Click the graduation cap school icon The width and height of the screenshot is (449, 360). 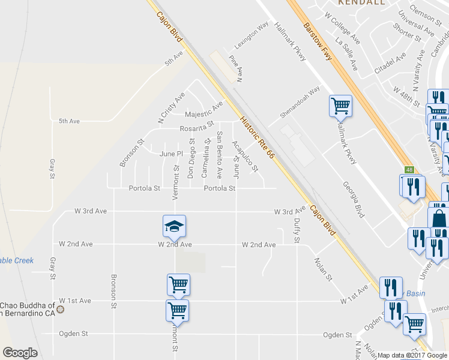[x=174, y=226]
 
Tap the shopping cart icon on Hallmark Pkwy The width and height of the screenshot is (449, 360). [x=340, y=106]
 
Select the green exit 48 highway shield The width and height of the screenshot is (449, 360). [x=409, y=170]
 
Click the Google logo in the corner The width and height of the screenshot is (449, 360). [x=20, y=353]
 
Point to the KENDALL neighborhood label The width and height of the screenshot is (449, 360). [x=361, y=2]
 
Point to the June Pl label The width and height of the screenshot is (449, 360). [x=170, y=154]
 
